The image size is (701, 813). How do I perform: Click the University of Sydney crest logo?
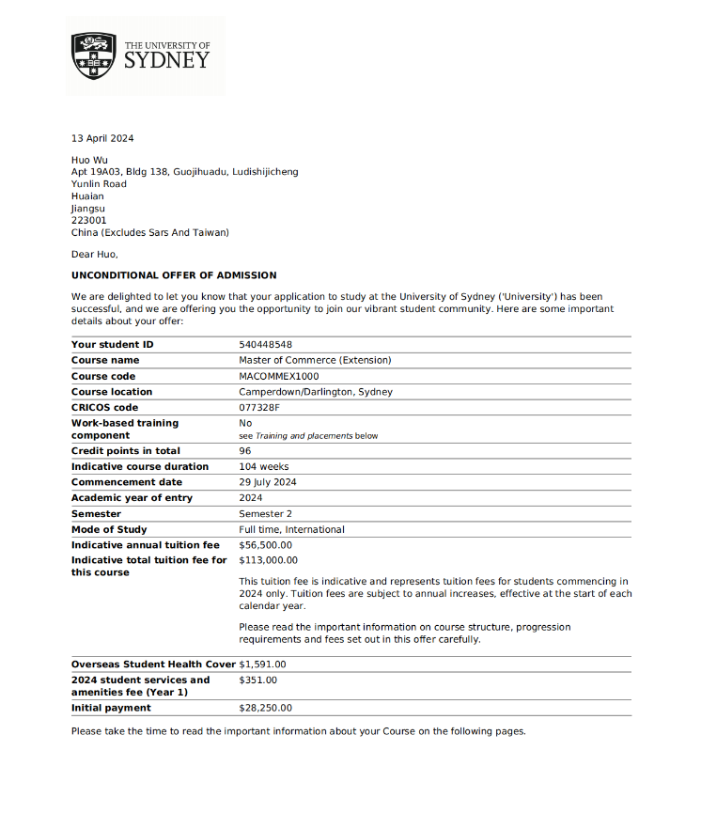click(94, 55)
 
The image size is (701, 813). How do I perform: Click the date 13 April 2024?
click(102, 139)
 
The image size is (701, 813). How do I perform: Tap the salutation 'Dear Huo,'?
click(95, 254)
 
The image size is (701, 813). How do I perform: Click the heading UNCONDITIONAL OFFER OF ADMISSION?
click(174, 275)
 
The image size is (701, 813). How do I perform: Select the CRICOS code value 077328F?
click(259, 408)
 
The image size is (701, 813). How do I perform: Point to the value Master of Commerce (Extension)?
click(315, 360)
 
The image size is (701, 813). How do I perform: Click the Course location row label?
click(112, 392)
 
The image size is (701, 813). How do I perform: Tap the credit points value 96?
click(245, 451)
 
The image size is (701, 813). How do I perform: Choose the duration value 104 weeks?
click(264, 467)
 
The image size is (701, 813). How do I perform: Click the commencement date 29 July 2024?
click(268, 482)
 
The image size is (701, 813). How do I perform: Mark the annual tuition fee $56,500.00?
click(266, 545)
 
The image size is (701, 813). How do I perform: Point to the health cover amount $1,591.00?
click(263, 664)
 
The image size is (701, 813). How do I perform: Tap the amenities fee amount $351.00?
click(258, 680)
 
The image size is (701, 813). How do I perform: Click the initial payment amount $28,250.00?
click(266, 708)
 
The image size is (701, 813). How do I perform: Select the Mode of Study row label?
click(109, 529)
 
